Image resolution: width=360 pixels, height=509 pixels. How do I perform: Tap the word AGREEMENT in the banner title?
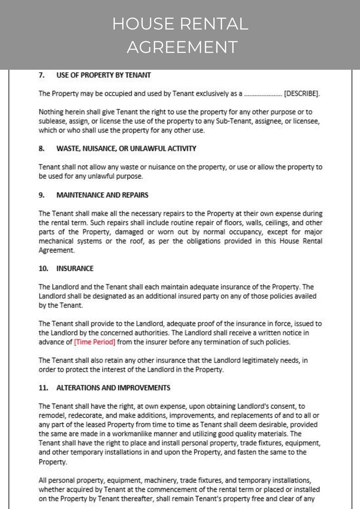[182, 47]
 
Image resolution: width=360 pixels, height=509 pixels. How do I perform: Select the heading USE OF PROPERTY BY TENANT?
[103, 75]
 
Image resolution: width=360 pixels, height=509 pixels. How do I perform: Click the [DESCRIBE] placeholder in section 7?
[302, 94]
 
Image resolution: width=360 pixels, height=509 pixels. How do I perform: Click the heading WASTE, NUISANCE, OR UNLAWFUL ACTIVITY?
[126, 148]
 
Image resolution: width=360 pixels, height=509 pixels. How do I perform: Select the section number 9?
[42, 195]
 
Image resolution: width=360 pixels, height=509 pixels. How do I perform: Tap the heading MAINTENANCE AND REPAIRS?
[102, 195]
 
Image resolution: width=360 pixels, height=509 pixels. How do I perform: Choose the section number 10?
[43, 268]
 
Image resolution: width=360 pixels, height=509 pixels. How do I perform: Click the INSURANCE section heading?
[75, 268]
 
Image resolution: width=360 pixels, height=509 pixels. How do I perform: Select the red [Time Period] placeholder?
[94, 342]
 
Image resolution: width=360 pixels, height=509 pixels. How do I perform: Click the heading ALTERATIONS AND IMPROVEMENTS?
[113, 388]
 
